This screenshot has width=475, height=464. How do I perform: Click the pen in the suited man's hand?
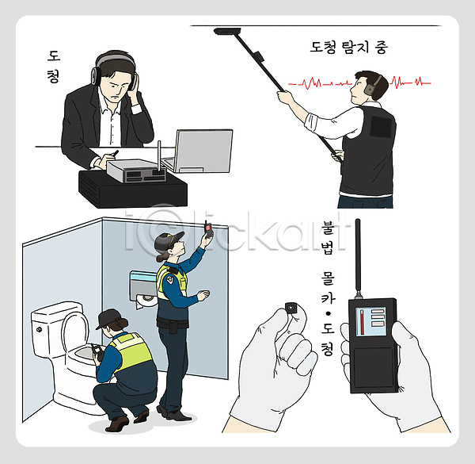click(x=115, y=153)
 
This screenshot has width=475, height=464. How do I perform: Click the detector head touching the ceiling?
click(x=227, y=31)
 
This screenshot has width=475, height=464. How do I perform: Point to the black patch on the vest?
click(x=381, y=126)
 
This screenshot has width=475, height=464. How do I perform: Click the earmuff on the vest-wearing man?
click(x=370, y=88)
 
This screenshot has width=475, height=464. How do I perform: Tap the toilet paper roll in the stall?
click(x=146, y=301)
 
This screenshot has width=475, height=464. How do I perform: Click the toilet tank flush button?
click(x=39, y=329)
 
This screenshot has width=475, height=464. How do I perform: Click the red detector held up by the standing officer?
click(x=208, y=229)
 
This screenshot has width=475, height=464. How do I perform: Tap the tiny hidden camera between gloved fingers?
click(x=291, y=309)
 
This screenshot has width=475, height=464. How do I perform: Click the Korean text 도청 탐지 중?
click(x=348, y=47)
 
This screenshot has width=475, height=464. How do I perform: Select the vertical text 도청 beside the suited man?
click(x=54, y=67)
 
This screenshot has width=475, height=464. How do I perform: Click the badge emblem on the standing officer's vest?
click(x=171, y=278)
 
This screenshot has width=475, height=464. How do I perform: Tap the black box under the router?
click(x=133, y=190)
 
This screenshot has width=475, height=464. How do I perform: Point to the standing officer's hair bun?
click(x=161, y=259)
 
